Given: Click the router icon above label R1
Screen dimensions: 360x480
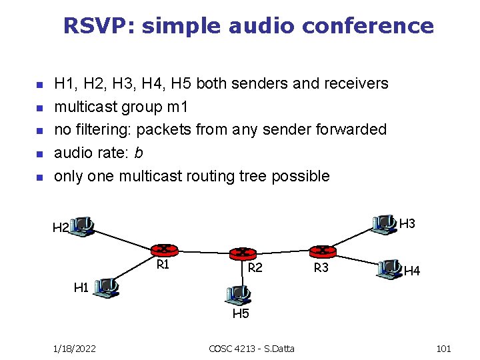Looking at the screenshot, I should pyautogui.click(x=162, y=250).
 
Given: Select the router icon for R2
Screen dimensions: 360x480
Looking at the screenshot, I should pyautogui.click(x=243, y=253).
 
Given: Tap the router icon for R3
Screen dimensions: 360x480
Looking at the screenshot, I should pyautogui.click(x=323, y=251).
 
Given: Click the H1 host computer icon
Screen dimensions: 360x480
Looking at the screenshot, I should pyautogui.click(x=106, y=287).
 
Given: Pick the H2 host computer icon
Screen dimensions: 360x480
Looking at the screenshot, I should pyautogui.click(x=83, y=225).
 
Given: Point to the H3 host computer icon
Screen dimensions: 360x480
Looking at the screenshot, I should pyautogui.click(x=384, y=224).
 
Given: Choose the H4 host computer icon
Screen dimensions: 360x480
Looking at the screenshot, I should pyautogui.click(x=389, y=269).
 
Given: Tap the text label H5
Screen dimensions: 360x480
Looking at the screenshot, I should pyautogui.click(x=240, y=313).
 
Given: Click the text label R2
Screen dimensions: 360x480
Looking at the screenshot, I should pyautogui.click(x=255, y=269).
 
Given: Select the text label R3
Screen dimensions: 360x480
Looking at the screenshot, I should pyautogui.click(x=321, y=269).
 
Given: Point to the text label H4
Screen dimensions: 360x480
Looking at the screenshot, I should pyautogui.click(x=412, y=271).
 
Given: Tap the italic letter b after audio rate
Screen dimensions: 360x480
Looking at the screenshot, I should pyautogui.click(x=138, y=153).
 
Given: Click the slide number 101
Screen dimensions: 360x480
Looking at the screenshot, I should pyautogui.click(x=443, y=349).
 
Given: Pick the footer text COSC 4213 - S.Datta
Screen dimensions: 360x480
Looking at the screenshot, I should pyautogui.click(x=252, y=349).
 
